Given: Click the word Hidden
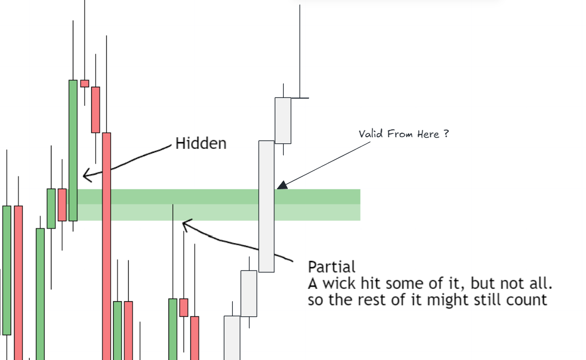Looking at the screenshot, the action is coord(201,143).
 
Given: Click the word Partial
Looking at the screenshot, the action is coord(331,267).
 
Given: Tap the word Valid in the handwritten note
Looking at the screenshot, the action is coord(371,133).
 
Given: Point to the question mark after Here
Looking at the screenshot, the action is coord(446,133).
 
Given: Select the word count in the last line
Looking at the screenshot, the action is coord(527,300).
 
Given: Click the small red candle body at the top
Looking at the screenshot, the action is coord(85,84).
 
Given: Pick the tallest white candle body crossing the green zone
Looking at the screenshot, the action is coord(266,207).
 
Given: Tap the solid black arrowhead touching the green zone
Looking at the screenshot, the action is coord(282,185).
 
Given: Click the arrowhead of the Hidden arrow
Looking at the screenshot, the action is coord(87,175).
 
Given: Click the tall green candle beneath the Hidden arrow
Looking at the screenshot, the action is coord(73,150).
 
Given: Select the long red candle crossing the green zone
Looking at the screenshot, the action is coord(106,246).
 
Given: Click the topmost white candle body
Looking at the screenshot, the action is coord(283,120).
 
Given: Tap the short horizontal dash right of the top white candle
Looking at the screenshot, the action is coord(300,98).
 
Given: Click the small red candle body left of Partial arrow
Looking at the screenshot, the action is coord(184,308).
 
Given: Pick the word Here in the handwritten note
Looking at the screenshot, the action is coord(428,134).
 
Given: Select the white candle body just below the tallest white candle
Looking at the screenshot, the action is coord(249,293).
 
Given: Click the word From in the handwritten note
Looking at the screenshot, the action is coord(400,134).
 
